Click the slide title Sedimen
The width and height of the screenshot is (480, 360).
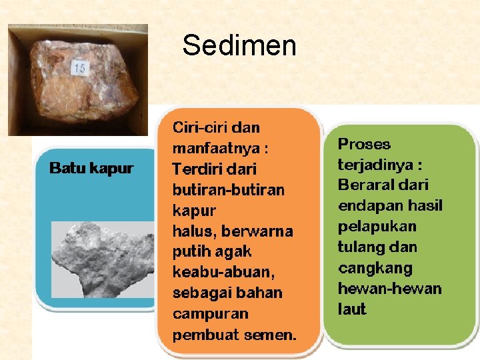(x=239, y=46)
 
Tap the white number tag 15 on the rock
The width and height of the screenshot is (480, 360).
(x=81, y=67)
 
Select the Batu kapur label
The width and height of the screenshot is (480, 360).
(x=91, y=169)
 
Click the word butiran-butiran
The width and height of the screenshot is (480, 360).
(x=228, y=190)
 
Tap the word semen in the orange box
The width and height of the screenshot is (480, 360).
(x=274, y=335)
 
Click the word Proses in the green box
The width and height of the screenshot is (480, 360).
(x=364, y=144)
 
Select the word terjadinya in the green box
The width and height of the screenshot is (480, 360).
(x=373, y=165)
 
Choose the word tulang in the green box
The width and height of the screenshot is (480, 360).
(x=359, y=247)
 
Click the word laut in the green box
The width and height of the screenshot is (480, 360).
(x=352, y=309)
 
